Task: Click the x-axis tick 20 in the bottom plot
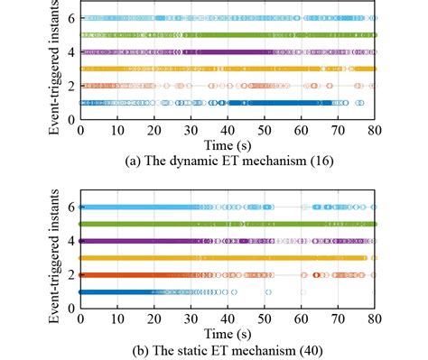click(154, 318)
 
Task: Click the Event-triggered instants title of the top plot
click(56, 68)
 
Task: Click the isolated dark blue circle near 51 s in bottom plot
click(268, 291)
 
